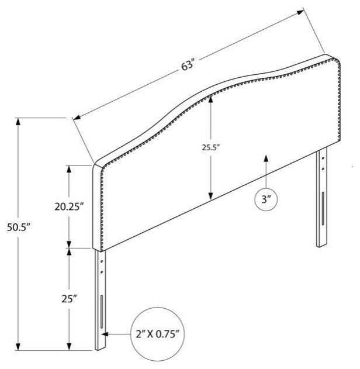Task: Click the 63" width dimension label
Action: (x=188, y=65)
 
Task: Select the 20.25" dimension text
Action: (x=69, y=206)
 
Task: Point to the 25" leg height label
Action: (x=70, y=299)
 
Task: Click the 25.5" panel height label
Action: (x=211, y=147)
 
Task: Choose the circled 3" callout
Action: (x=266, y=199)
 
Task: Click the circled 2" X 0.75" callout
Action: (x=157, y=334)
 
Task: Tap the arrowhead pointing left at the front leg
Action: (x=105, y=334)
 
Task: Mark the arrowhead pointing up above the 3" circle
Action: (x=266, y=158)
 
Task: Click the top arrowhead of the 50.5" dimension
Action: (x=18, y=122)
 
